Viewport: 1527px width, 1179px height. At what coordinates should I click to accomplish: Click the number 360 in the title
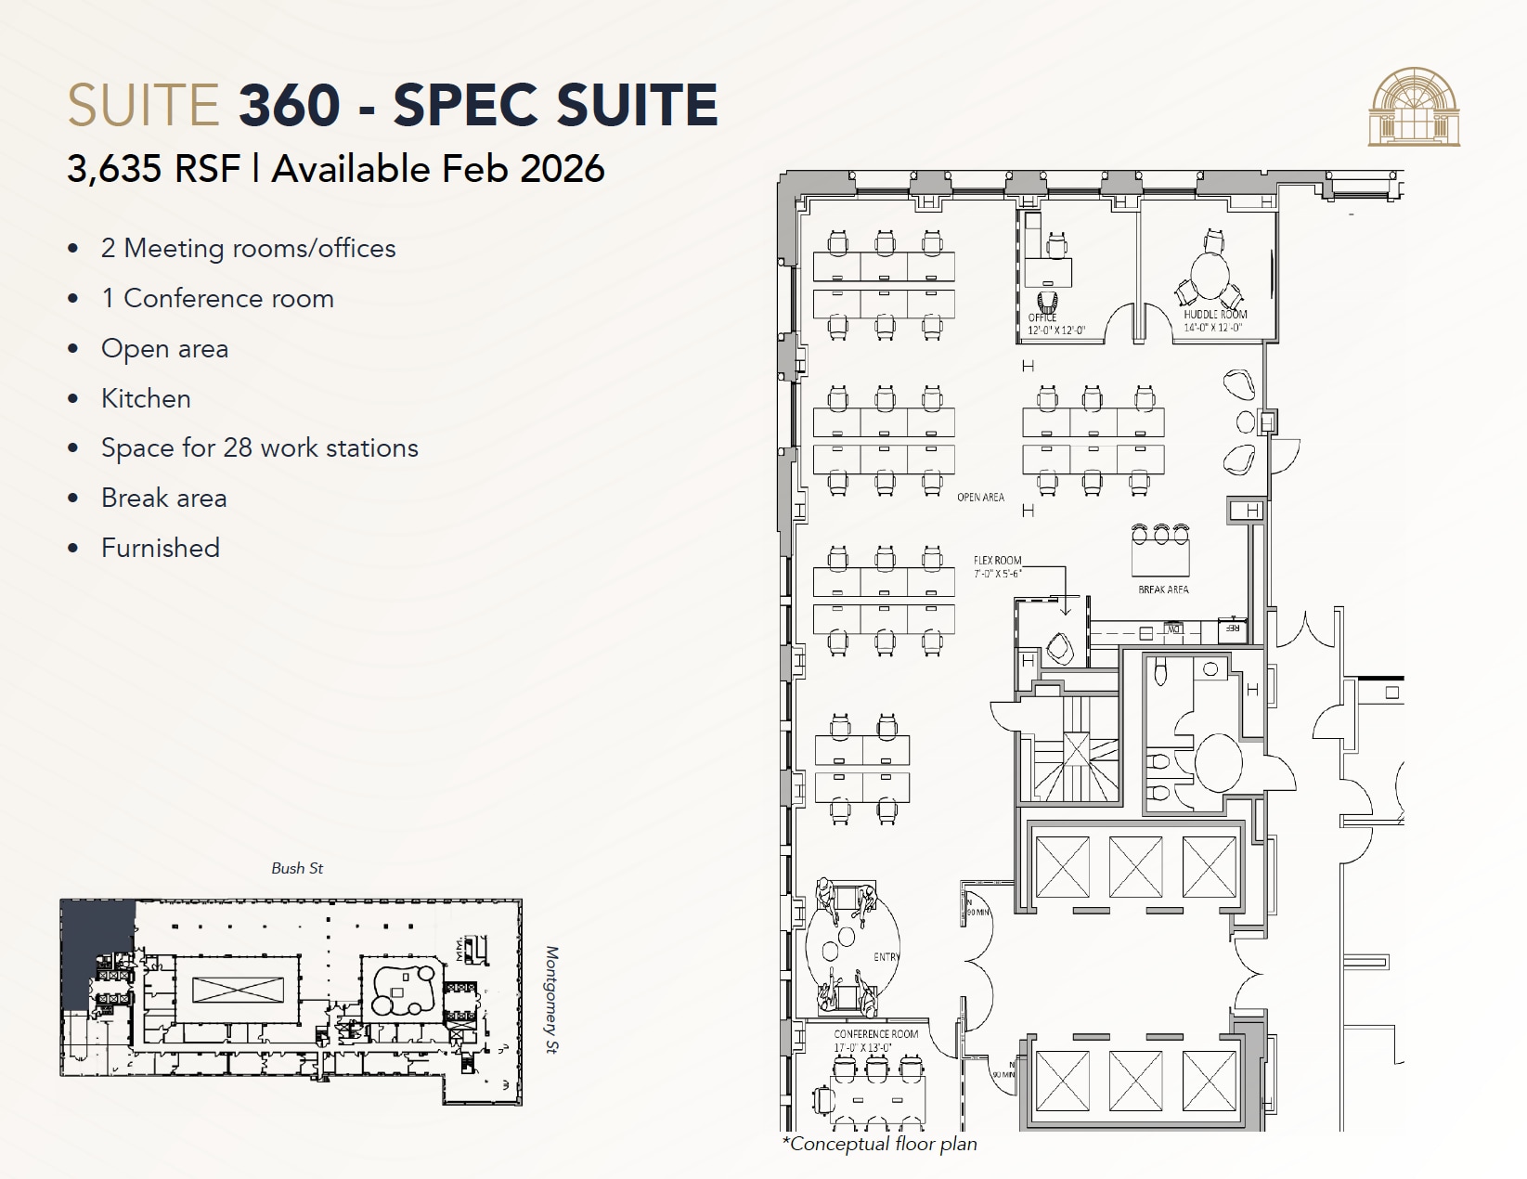[x=289, y=104]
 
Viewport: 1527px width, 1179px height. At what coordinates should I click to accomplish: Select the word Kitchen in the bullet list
[x=146, y=398]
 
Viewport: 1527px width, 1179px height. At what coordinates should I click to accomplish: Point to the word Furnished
[x=161, y=548]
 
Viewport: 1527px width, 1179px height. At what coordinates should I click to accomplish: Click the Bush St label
[x=297, y=868]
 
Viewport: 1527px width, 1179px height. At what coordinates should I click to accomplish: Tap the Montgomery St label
[x=552, y=1000]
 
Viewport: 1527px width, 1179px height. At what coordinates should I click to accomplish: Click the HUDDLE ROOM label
[x=1215, y=315]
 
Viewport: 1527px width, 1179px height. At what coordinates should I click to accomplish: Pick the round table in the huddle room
[x=1210, y=274]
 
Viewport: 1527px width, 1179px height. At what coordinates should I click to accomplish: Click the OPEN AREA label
[x=980, y=498]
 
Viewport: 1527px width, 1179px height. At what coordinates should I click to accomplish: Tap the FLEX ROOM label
[x=997, y=561]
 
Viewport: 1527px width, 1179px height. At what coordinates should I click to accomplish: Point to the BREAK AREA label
[x=1163, y=589]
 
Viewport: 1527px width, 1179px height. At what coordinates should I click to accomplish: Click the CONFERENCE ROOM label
[x=875, y=1034]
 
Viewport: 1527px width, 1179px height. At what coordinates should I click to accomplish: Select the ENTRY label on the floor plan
[x=886, y=957]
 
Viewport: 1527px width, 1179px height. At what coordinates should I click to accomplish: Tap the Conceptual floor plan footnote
[x=880, y=1144]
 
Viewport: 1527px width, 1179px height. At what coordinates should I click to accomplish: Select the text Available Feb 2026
[x=438, y=169]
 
